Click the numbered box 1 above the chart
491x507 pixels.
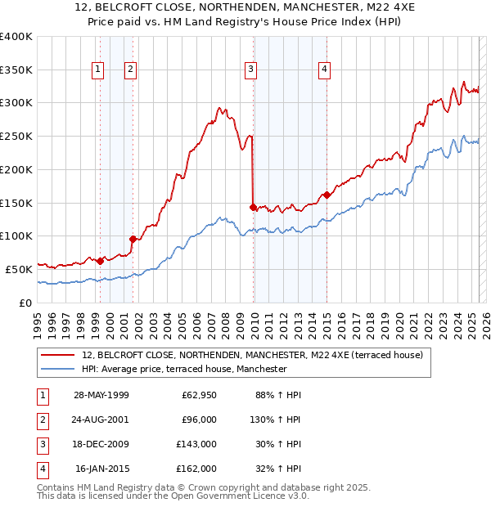click(x=97, y=70)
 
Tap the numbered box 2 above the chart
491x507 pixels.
click(x=130, y=70)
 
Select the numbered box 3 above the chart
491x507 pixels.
click(x=250, y=70)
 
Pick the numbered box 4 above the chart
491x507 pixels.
click(x=324, y=70)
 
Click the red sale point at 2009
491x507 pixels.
click(x=253, y=207)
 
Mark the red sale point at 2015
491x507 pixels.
click(x=327, y=195)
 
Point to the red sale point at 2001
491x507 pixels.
click(x=133, y=239)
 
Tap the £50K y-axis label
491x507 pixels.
click(x=20, y=269)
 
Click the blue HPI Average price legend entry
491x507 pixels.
click(x=183, y=369)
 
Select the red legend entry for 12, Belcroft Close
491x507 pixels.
click(x=252, y=355)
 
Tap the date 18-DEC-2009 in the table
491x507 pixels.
click(x=101, y=444)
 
